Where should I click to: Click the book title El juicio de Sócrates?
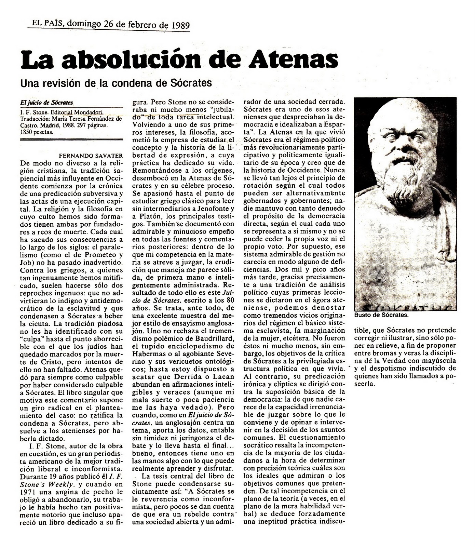tap(46, 103)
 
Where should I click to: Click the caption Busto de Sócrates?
tap(381, 315)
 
